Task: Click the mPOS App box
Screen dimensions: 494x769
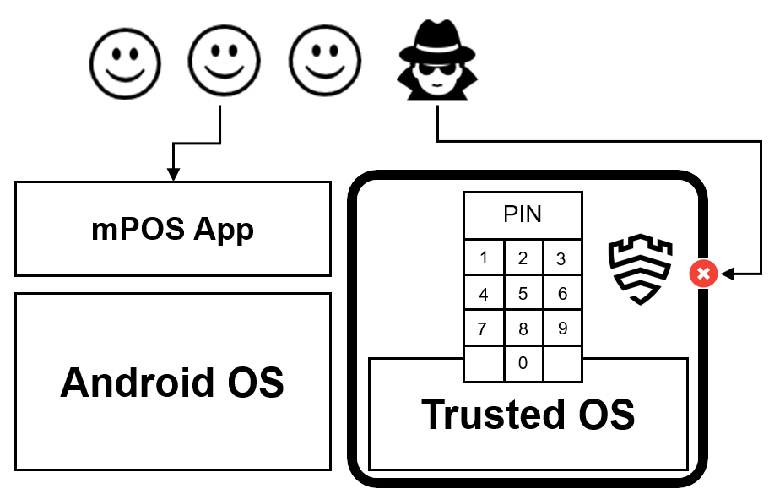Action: tap(172, 228)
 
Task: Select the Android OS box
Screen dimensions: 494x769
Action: tap(172, 382)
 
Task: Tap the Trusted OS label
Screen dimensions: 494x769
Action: tap(528, 414)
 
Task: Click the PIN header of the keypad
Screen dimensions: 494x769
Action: tap(523, 214)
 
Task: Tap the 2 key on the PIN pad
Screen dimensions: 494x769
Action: tap(523, 258)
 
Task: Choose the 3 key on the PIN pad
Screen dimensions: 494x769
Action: tap(561, 258)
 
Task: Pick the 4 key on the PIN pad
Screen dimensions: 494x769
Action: tap(484, 294)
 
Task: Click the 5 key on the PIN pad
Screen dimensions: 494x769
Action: tap(523, 294)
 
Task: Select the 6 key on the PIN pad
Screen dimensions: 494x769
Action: tap(561, 294)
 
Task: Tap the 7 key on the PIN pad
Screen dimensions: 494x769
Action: tap(484, 328)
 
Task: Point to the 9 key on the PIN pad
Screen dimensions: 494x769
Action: tap(561, 328)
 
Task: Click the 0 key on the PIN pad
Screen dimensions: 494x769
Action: tap(523, 363)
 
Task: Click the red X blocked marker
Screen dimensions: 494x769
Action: tap(703, 274)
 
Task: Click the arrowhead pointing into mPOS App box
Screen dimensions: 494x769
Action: tap(173, 175)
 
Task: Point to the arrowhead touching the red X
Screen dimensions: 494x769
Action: tap(726, 274)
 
